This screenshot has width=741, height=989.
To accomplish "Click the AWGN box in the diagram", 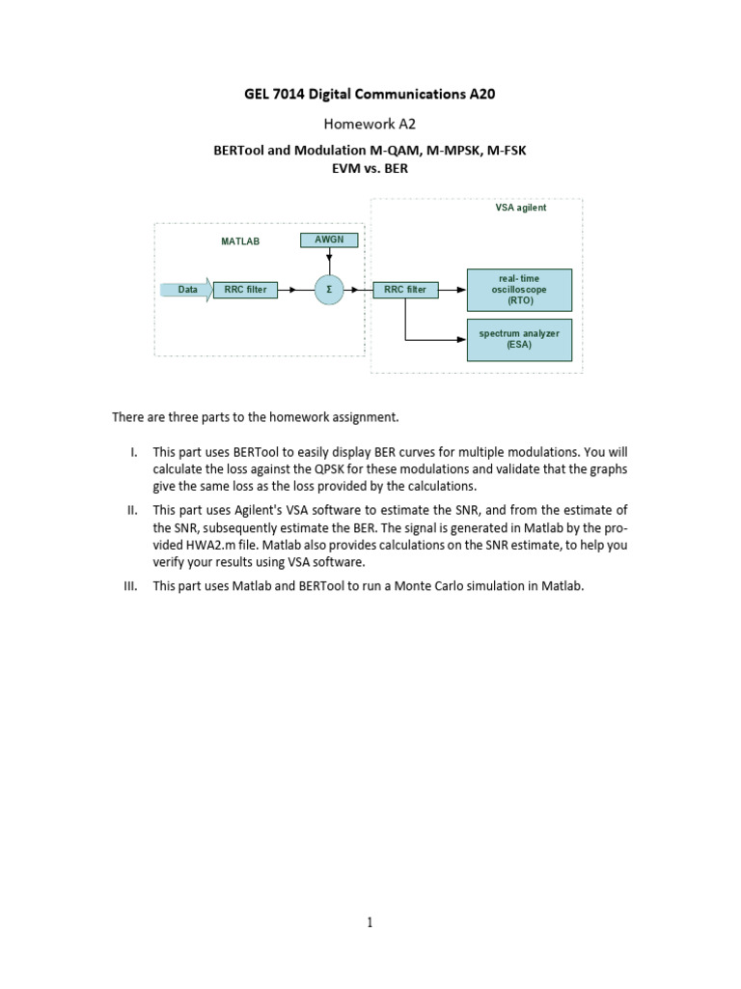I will point(329,239).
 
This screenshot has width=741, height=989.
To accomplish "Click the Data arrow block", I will point(185,289).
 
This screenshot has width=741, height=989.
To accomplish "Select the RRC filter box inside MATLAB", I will point(245,289).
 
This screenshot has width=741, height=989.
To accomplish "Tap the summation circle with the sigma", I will point(329,289).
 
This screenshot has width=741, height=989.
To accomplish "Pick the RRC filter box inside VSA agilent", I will point(405,289).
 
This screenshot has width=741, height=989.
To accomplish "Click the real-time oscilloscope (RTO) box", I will point(519,289).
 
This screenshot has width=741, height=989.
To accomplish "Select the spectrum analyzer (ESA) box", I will point(519,339).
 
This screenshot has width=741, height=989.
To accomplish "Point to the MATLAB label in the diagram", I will point(240,240).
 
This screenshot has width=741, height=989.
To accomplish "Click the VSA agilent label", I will point(520,208).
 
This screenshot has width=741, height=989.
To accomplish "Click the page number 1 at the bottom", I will point(370,922).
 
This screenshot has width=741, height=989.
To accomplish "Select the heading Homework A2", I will point(370,123).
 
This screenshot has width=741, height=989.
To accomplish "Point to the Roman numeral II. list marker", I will point(133,510).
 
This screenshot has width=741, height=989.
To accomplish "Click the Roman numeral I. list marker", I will point(134,452).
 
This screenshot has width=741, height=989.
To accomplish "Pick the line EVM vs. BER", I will point(370,168).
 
